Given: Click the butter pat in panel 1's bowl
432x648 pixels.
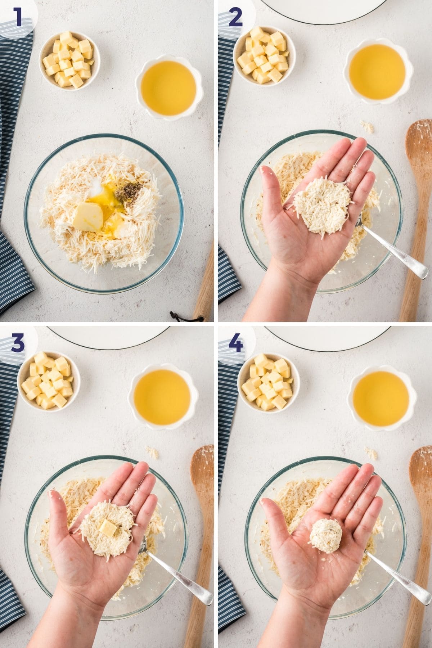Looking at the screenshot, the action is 88,215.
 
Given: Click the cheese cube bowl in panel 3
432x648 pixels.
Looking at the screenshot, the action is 49,382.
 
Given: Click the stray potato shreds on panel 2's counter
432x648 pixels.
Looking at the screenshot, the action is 367,126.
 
